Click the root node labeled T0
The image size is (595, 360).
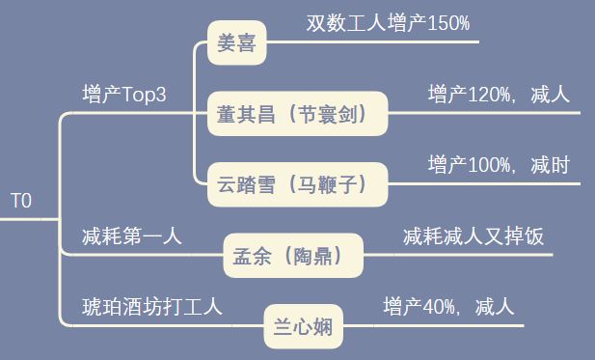tap(21, 202)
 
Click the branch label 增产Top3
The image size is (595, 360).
tap(125, 95)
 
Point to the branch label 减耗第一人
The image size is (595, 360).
tap(132, 235)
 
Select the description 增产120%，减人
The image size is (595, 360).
tap(500, 95)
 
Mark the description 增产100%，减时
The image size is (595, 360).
tap(499, 165)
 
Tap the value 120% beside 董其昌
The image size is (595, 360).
tap(489, 95)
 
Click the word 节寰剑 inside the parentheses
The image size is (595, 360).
tap(333, 116)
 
